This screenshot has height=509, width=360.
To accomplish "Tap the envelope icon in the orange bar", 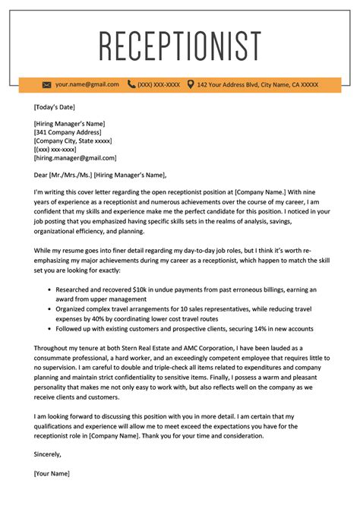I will [x=47, y=84].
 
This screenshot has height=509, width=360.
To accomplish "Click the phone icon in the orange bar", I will [x=131, y=84].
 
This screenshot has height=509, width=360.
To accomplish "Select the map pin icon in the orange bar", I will [x=190, y=84].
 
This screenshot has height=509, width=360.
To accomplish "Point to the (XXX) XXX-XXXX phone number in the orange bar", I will [x=159, y=84].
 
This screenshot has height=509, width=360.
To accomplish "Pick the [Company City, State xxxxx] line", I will [x=73, y=141].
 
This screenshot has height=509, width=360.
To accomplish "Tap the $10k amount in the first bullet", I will [x=149, y=290].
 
